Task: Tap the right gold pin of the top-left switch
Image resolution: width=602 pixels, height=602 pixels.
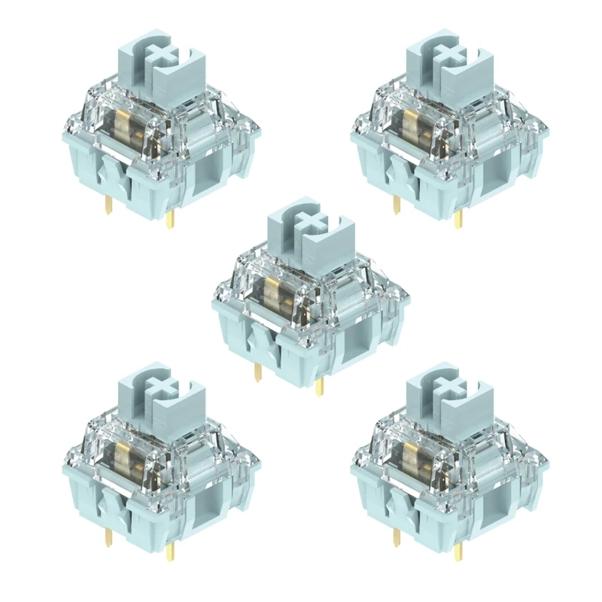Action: point(171,219)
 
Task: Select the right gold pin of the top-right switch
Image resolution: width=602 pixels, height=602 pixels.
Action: point(460,219)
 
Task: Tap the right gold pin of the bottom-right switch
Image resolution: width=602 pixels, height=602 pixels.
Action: point(460,553)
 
